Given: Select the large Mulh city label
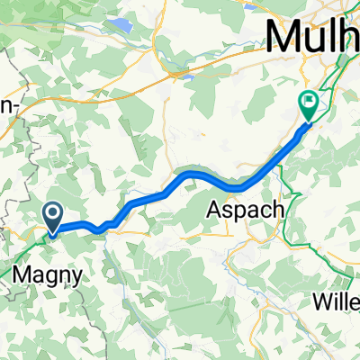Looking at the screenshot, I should click(311, 37).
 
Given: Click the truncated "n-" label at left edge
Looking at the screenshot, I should click(10, 105).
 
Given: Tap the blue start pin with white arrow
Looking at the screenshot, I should click(53, 216).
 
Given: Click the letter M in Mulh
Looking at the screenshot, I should click(281, 37).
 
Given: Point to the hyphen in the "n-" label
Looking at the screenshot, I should click(17, 107).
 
